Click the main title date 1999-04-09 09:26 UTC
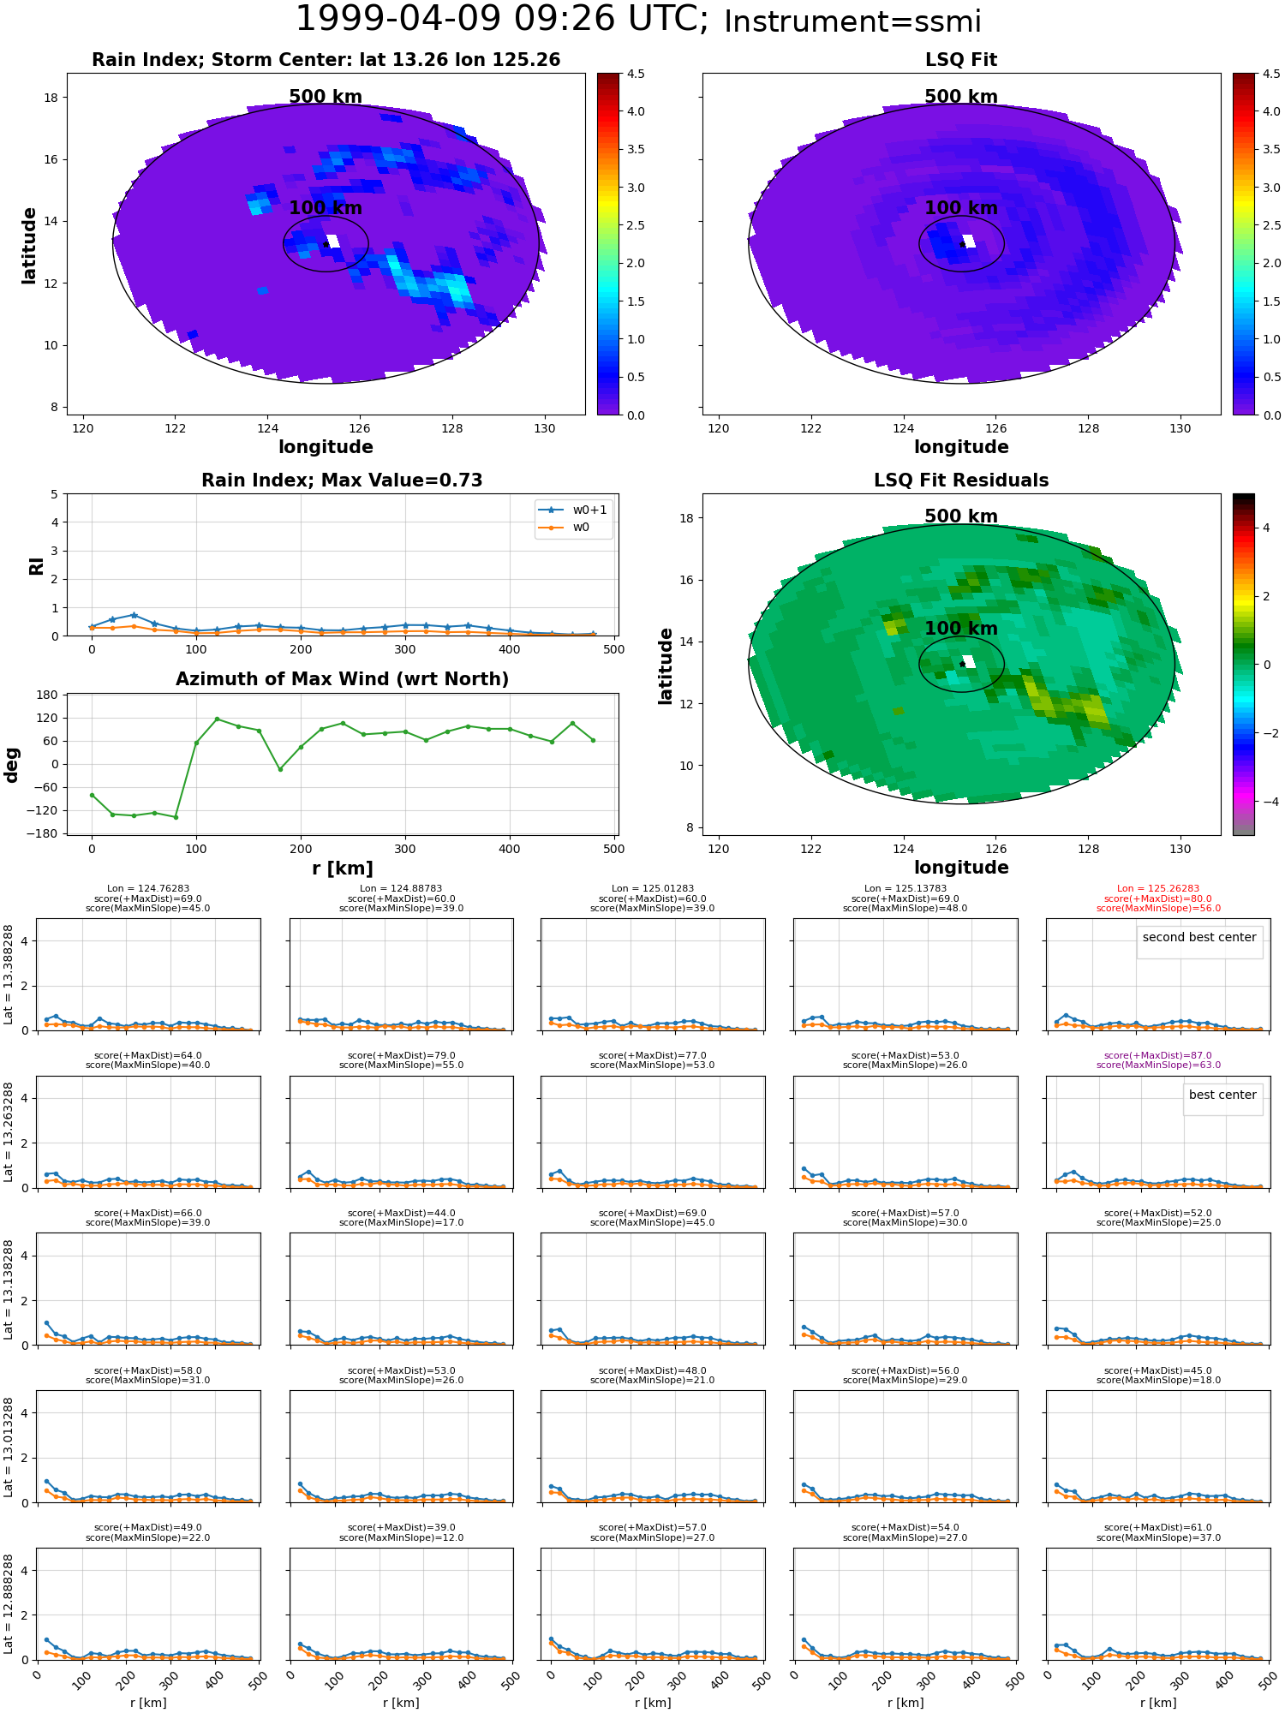click(501, 20)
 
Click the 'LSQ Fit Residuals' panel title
click(961, 480)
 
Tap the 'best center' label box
click(1222, 1095)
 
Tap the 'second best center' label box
click(1198, 938)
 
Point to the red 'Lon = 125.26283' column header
click(1158, 889)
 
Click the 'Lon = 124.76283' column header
click(147, 889)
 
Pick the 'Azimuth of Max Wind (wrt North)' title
click(342, 679)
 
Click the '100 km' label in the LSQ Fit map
click(961, 208)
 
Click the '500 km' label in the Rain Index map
click(326, 97)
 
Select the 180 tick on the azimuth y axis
click(47, 695)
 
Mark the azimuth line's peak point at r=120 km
click(217, 719)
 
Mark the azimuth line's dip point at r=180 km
click(279, 769)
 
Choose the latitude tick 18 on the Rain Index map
click(51, 98)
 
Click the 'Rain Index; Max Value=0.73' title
click(342, 480)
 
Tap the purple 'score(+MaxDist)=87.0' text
click(1158, 1056)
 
